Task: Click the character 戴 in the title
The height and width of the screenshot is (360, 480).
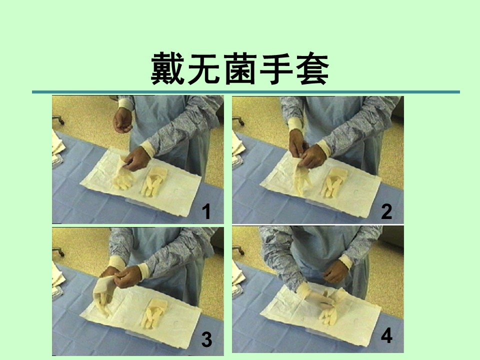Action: (x=167, y=68)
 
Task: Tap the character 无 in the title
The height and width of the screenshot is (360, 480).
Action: (x=203, y=68)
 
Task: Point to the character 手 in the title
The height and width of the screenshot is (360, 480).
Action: (x=276, y=68)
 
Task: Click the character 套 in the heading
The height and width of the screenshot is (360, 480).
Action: (x=312, y=68)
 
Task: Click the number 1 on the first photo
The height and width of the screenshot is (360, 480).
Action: (x=206, y=212)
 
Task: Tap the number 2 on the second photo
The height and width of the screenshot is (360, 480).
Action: (x=386, y=211)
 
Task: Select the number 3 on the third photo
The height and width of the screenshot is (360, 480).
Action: (x=206, y=340)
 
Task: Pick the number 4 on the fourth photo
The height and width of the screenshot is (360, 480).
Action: (x=386, y=336)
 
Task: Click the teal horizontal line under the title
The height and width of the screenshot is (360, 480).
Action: (x=246, y=92)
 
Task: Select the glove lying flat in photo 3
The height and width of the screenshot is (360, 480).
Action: (x=154, y=313)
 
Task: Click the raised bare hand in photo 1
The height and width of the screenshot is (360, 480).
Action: (x=122, y=120)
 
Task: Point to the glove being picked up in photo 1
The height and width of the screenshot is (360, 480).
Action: (x=123, y=173)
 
